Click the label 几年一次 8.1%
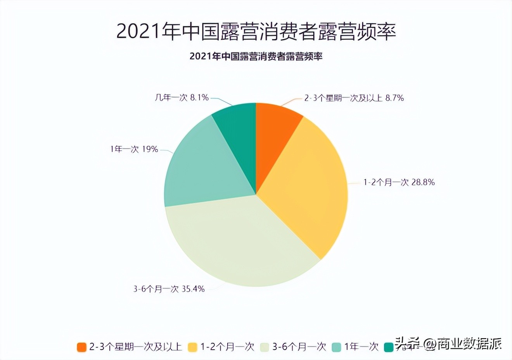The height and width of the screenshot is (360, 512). tap(182, 97)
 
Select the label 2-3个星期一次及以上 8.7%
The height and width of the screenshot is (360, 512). tap(354, 98)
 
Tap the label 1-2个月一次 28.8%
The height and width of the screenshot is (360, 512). tap(399, 182)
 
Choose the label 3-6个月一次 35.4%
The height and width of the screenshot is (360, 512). tap(169, 289)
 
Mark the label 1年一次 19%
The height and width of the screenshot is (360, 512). tap(134, 149)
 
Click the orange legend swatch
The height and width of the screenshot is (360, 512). tap(81, 347)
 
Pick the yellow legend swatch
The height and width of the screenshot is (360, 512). tap(192, 347)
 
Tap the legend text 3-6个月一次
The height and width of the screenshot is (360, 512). tap(299, 346)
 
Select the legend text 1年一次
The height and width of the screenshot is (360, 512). tap(361, 346)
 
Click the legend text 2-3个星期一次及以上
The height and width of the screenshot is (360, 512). tap(135, 346)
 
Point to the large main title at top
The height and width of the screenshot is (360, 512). tap(256, 31)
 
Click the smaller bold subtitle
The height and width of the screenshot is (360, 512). tap(256, 56)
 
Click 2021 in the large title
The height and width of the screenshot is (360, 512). tap(138, 31)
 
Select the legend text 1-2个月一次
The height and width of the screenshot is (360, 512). tap(227, 346)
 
